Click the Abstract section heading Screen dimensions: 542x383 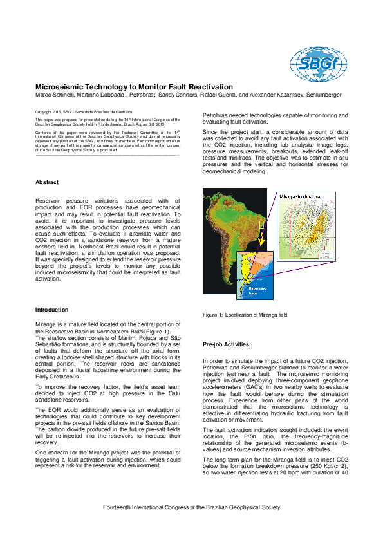click(x=46, y=182)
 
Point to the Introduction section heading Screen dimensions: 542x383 click(x=51, y=310)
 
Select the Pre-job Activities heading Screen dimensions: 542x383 click(x=227, y=344)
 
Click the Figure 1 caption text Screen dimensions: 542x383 click(x=245, y=315)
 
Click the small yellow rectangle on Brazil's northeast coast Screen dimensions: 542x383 click(x=261, y=225)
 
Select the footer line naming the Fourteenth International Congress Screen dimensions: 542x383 click(x=192, y=507)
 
